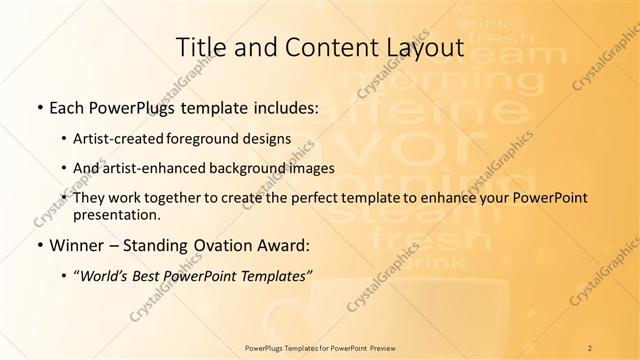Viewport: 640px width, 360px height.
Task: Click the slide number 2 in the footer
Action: (590, 346)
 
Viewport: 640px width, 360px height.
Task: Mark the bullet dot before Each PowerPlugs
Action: (37, 107)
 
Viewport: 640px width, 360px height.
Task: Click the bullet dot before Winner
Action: (37, 243)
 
